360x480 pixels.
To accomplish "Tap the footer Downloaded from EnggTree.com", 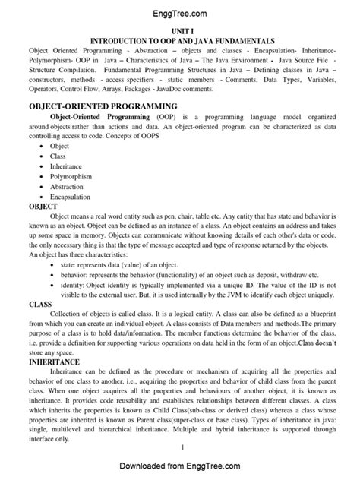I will [180, 466].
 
